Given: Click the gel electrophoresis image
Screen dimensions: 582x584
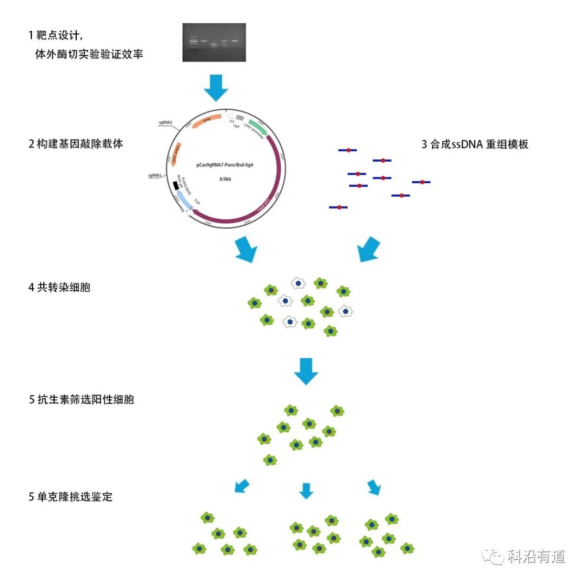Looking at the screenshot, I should pyautogui.click(x=214, y=42).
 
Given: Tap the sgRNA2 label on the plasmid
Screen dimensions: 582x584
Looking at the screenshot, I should pyautogui.click(x=165, y=123).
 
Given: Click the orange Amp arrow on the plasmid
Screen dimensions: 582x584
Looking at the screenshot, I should pyautogui.click(x=206, y=122).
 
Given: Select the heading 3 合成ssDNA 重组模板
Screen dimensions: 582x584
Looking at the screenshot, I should pyautogui.click(x=474, y=145).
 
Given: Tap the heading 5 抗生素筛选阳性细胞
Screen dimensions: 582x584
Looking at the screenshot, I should pyautogui.click(x=81, y=400).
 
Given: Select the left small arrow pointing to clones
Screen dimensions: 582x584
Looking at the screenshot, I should pyautogui.click(x=242, y=486).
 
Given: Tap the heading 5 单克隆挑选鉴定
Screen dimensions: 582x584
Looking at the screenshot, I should pyautogui.click(x=70, y=496).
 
